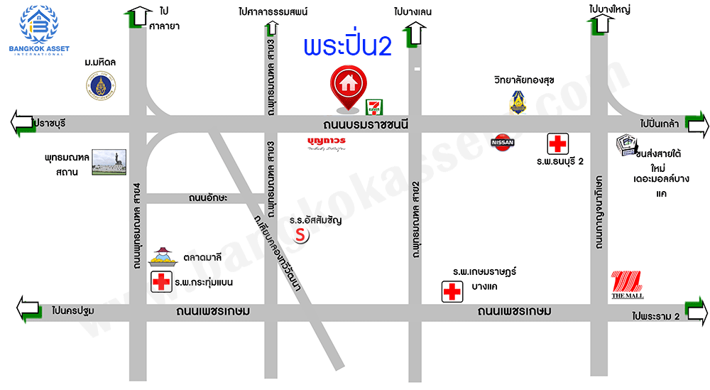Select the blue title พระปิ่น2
coord(347,47)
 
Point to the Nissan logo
coord(503,142)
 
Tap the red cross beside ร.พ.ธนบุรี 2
coord(557,143)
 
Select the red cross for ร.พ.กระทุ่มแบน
coord(161,282)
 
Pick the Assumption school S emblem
coord(301,234)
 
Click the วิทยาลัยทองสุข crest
coord(518,100)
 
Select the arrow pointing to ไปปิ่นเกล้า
coord(696,125)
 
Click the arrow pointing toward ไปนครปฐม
coord(29,310)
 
